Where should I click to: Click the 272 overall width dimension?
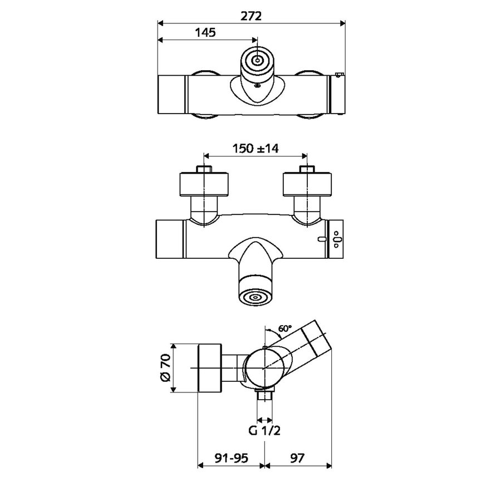251,16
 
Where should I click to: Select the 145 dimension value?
205,33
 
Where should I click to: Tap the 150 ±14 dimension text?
256,149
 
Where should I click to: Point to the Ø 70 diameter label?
165,368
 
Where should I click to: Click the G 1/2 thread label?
264,431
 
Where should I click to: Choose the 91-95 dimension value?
232,458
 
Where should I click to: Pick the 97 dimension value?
297,458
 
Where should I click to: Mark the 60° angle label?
285,328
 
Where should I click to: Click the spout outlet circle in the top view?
257,60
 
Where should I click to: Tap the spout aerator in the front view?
256,297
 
